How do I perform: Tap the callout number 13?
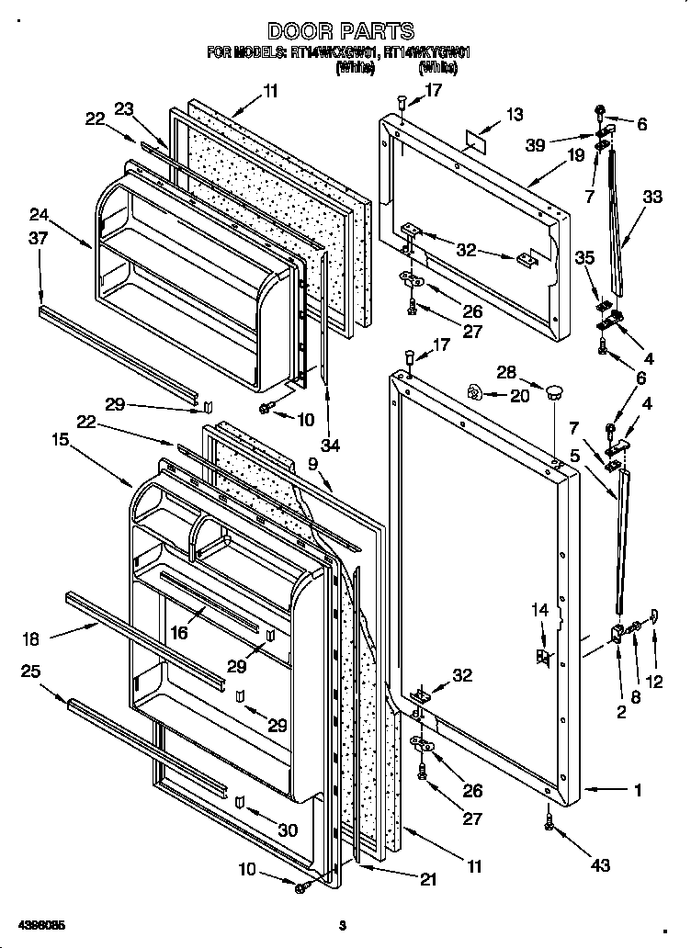pos(515,114)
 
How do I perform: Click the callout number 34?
pos(331,446)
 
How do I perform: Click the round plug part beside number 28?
pos(553,393)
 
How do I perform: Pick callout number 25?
pos(29,671)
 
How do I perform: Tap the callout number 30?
pos(289,829)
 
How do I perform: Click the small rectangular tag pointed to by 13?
pos(477,139)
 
